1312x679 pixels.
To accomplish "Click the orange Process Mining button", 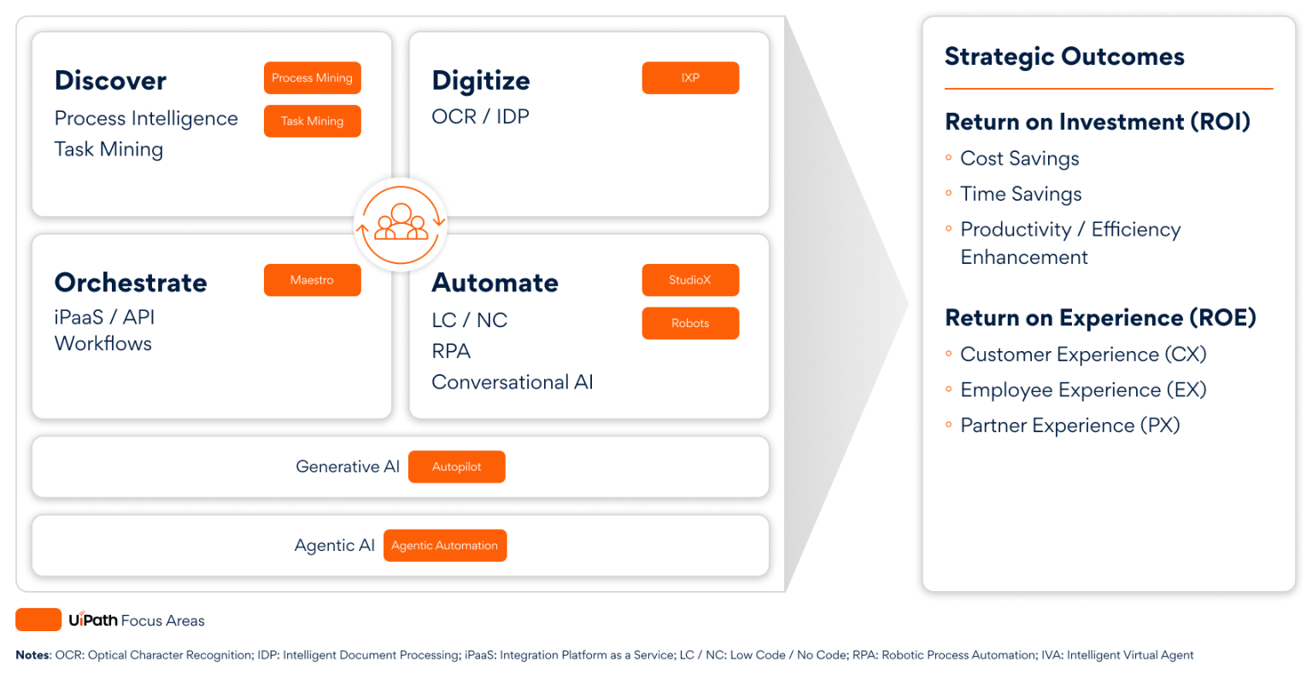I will [312, 78].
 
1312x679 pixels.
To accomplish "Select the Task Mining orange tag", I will [312, 121].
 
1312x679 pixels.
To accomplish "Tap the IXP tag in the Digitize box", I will [690, 78].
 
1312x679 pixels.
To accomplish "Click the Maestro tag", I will [312, 280].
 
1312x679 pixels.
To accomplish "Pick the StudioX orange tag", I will [690, 280].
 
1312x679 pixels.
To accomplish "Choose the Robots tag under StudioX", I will [690, 324].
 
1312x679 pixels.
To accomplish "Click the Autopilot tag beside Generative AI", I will [457, 467].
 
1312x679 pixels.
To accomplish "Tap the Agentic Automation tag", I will [445, 546].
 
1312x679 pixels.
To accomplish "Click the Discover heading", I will [110, 80].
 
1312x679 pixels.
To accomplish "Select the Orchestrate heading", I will [131, 283].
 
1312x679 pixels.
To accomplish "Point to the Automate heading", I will [495, 283].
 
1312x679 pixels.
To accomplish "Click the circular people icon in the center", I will [401, 225].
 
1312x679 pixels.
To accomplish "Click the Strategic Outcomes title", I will [1064, 56].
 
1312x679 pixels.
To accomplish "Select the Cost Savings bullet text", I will [1019, 159].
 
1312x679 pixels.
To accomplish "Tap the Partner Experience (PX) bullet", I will [1069, 425].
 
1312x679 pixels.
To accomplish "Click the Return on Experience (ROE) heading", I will [1100, 318].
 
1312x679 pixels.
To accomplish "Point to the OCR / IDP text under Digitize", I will [480, 116].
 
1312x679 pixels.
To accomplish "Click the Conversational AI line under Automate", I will [512, 382].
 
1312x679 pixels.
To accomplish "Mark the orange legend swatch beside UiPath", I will [38, 620].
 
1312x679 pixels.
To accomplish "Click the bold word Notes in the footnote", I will [32, 655].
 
